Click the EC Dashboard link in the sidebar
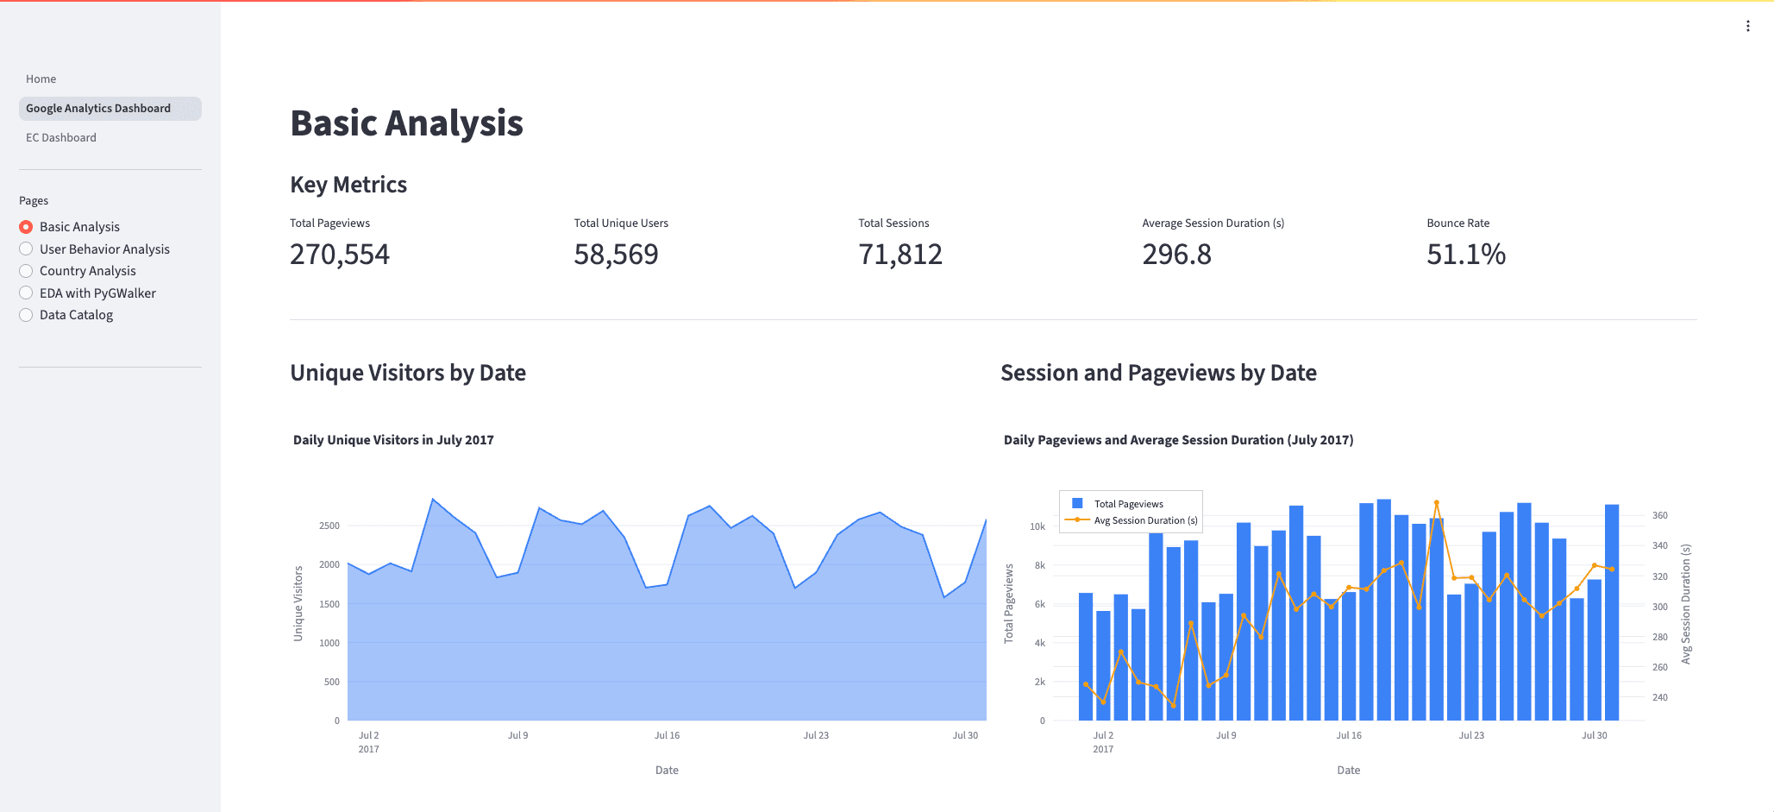point(61,137)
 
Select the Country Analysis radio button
point(26,271)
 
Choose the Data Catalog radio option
point(26,315)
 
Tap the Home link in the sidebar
point(41,79)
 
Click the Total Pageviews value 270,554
point(340,255)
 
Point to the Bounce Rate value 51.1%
point(1466,255)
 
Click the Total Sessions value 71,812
point(900,255)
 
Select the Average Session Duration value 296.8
point(1176,255)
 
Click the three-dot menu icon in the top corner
point(1748,26)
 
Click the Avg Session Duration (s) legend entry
point(1132,520)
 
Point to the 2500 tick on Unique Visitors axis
point(329,526)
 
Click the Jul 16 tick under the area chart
point(667,735)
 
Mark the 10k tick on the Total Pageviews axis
point(1037,526)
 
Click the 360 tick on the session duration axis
point(1660,515)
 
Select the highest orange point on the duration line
point(1436,502)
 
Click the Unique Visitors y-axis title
point(298,603)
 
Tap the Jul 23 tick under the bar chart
point(1471,735)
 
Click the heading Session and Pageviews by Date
point(1158,373)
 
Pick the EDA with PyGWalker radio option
point(26,293)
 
